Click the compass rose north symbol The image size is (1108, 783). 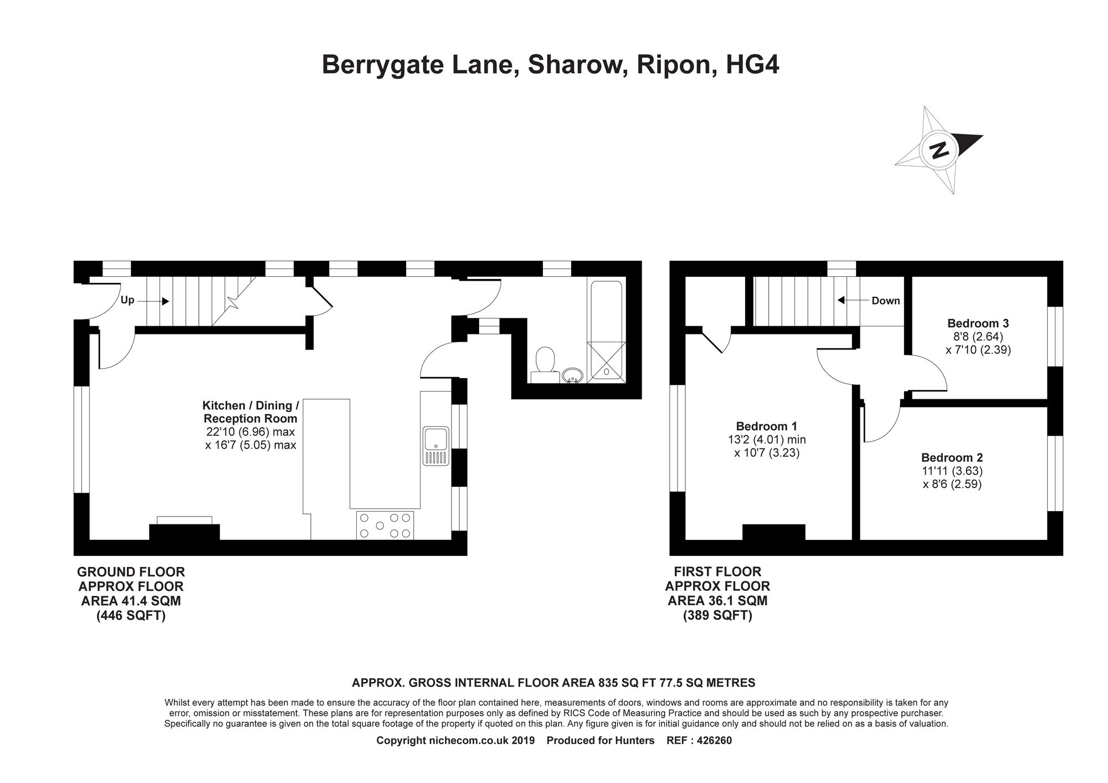point(939,150)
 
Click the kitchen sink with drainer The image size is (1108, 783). point(436,446)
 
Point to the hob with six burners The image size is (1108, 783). point(385,526)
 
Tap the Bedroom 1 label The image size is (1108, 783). point(766,426)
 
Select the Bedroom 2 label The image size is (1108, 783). point(952,457)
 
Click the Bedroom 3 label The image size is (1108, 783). point(978,323)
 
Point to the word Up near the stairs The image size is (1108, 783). point(127,301)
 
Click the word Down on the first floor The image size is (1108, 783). point(886,301)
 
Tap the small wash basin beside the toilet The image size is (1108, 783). point(572,376)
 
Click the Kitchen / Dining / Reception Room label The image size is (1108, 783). point(250,412)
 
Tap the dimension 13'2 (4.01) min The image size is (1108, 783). point(767,440)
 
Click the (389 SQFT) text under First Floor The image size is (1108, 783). point(717,615)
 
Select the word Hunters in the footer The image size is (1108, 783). point(634,740)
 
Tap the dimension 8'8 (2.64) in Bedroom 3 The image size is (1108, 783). point(978,336)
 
